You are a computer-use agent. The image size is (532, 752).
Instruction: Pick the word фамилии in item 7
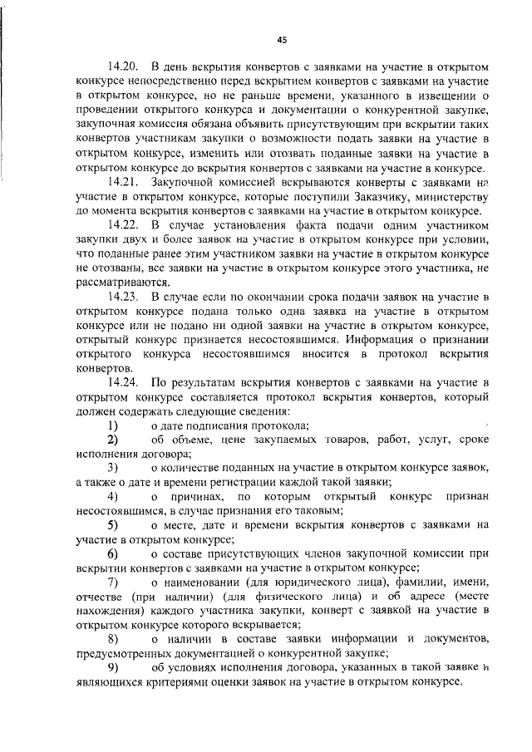pyautogui.click(x=420, y=581)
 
